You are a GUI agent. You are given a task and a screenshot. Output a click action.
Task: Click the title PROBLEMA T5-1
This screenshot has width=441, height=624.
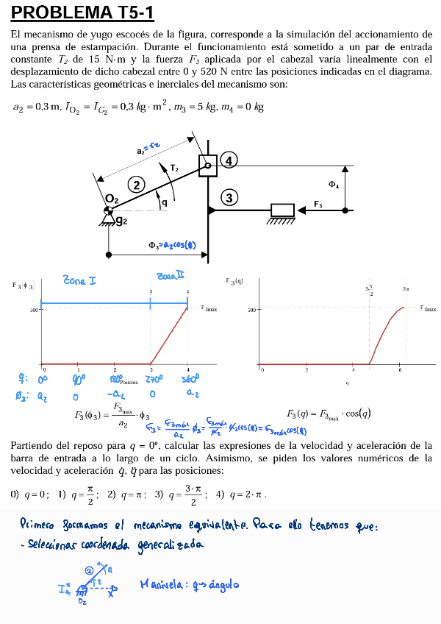82,13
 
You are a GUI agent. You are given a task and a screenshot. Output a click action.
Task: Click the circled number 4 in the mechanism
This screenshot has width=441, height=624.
229,160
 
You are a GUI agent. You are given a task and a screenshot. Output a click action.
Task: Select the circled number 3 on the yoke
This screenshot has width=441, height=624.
229,197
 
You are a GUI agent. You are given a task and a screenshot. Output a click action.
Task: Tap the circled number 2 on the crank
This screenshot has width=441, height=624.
135,184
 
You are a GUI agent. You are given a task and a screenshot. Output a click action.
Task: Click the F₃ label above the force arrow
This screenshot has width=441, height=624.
318,204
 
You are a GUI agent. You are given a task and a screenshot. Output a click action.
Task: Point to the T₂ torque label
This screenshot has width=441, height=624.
174,169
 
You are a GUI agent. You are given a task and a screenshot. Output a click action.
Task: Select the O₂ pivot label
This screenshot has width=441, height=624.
111,199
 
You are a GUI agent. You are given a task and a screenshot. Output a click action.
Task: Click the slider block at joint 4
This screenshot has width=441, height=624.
208,166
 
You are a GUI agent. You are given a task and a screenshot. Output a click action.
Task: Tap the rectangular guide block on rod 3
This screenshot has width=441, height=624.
282,210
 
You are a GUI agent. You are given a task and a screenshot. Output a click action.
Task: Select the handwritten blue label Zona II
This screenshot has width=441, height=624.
170,275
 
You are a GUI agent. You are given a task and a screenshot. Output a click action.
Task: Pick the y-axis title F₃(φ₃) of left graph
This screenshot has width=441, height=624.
23,285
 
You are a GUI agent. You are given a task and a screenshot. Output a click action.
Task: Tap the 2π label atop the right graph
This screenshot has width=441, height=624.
406,289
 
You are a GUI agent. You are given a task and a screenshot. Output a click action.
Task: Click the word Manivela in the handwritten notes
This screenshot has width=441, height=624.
161,586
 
